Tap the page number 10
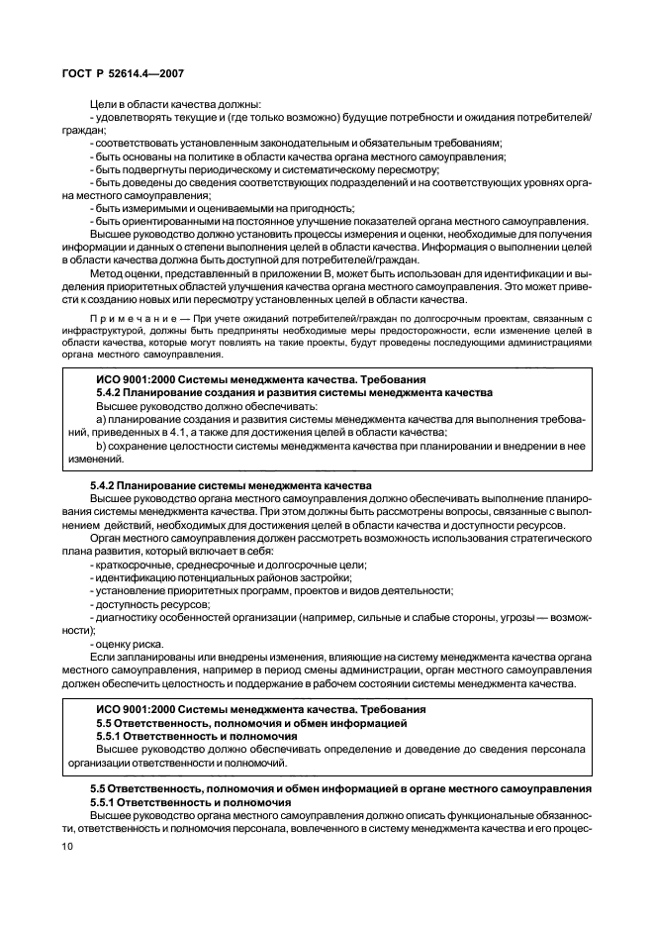(68, 847)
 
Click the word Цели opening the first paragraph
(103, 104)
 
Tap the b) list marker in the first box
(101, 446)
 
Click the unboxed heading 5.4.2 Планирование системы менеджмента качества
(231, 485)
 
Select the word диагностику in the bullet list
(128, 616)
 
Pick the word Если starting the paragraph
(102, 657)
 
